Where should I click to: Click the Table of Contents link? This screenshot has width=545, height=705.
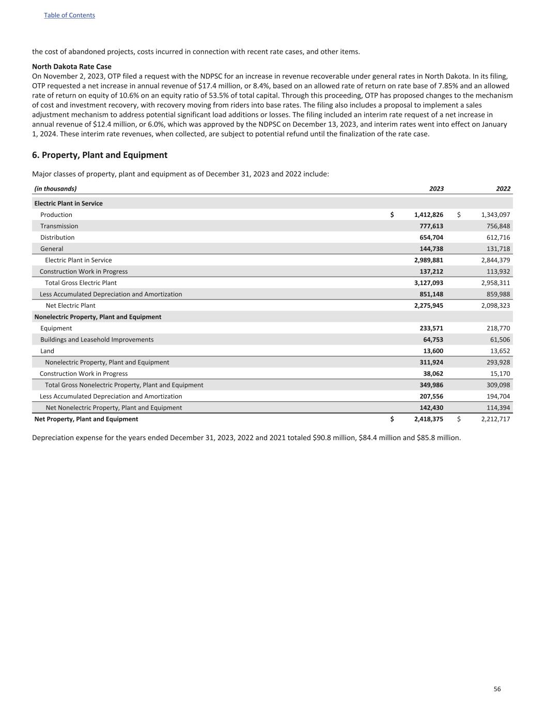point(69,15)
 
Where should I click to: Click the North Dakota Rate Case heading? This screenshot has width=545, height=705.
point(72,67)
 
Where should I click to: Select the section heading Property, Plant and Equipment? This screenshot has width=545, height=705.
point(100,155)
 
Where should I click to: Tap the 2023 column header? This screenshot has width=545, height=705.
point(436,189)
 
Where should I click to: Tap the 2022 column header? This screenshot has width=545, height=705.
point(503,189)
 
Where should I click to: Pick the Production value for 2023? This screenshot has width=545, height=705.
point(428,215)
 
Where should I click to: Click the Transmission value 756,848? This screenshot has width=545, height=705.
point(495,226)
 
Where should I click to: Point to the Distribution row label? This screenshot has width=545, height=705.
point(57,238)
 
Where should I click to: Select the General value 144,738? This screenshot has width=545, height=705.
point(431,249)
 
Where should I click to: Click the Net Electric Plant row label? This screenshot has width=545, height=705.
point(70,306)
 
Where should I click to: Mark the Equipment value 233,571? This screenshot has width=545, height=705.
point(431,328)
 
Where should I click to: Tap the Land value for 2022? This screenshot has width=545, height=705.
point(500,351)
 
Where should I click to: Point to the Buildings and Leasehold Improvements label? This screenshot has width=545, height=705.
point(97,340)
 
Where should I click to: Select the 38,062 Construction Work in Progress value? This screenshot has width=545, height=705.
point(433,374)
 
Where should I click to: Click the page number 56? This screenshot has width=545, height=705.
point(497,689)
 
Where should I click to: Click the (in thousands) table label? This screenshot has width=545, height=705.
point(55,189)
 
